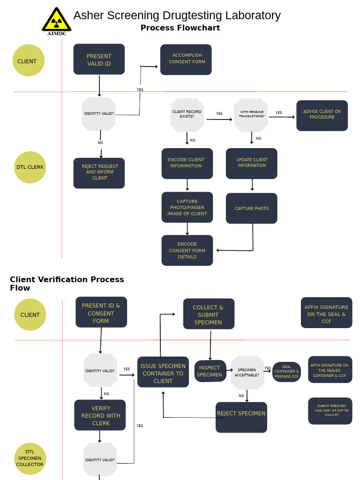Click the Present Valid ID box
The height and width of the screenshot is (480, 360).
coord(99,60)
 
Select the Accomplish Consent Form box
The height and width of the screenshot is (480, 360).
coord(186,60)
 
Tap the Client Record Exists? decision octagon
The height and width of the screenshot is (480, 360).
coord(187,114)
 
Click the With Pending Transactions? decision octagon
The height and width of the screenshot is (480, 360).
coord(251,114)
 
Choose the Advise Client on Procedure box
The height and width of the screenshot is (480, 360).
coord(322,115)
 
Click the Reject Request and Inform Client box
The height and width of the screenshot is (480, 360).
coord(99,172)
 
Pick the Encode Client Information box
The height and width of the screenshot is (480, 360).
coord(187,163)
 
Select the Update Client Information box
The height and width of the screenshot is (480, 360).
coord(252,163)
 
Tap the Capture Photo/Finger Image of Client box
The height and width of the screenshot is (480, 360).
coord(187,207)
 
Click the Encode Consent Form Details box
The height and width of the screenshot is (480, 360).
coord(187,250)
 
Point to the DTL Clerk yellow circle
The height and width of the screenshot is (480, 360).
coord(30,167)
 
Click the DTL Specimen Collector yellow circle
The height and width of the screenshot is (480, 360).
coord(30,458)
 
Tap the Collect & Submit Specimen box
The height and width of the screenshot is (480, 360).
coord(209,314)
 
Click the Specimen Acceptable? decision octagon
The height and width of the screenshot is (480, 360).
coord(247,372)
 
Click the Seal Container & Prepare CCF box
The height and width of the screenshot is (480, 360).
coord(286,372)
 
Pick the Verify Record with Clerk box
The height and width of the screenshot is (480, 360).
coord(100,415)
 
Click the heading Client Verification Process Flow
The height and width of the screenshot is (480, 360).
coord(67,284)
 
